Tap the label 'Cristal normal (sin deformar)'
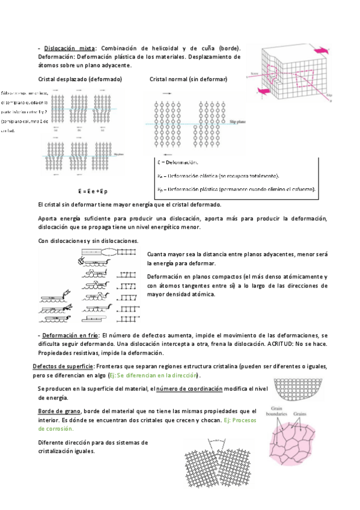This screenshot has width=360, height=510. [x=188, y=79]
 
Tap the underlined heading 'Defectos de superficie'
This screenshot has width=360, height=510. [x=63, y=366]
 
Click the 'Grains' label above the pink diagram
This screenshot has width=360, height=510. [x=301, y=414]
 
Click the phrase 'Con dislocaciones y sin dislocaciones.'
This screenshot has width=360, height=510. [x=88, y=241]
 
